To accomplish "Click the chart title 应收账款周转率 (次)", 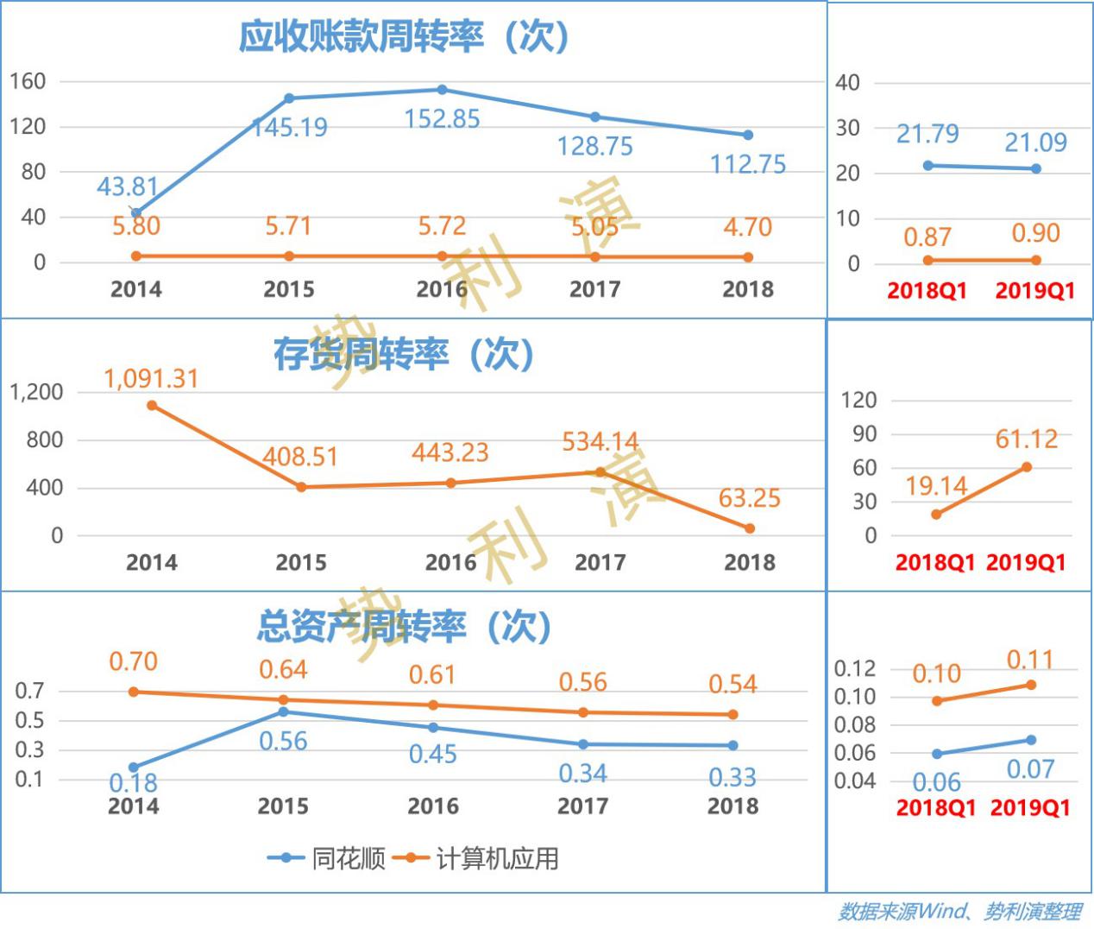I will [x=404, y=36].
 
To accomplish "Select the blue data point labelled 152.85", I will [x=442, y=90].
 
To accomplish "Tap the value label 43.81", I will [x=128, y=186].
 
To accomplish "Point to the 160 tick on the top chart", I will [x=28, y=81].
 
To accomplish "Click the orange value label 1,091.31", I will [x=151, y=378].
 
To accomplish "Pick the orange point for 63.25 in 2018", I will [x=749, y=528].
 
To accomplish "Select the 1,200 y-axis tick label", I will [x=36, y=392].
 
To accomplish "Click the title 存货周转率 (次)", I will [x=404, y=353].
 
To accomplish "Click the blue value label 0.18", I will [x=133, y=783].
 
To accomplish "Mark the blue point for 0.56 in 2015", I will [x=283, y=711].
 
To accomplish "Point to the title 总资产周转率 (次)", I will [x=404, y=626].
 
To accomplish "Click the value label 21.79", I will [x=927, y=134].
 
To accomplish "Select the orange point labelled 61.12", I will [x=1027, y=467].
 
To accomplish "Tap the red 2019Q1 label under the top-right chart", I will [x=1034, y=290].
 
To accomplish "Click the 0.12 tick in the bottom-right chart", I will [x=854, y=668].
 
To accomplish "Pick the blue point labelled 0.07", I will [x=1030, y=740].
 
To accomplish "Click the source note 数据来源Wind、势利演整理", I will [x=959, y=911].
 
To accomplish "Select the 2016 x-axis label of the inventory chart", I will [x=450, y=563].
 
